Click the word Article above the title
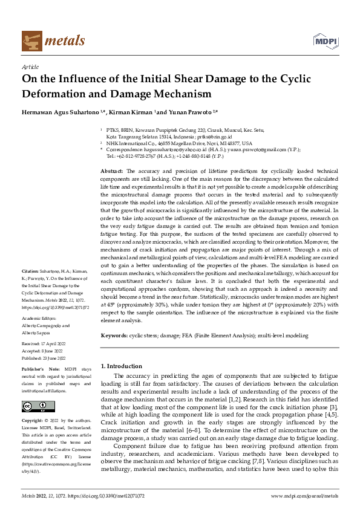coord(30,68)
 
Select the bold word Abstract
coord(112,172)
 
